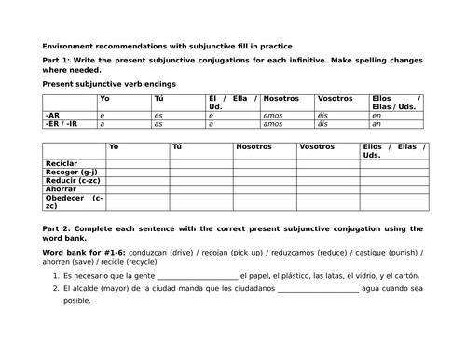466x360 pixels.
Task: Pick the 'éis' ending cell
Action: click(325, 114)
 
